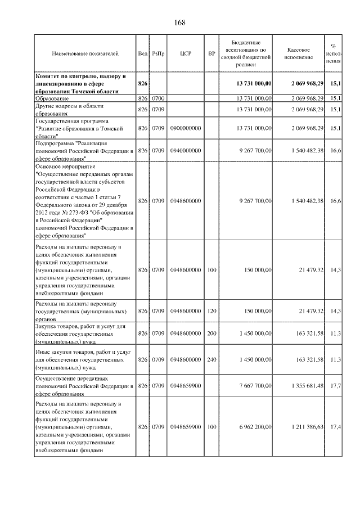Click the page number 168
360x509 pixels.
[180, 23]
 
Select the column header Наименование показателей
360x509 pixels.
[85, 54]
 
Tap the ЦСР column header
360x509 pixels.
[186, 54]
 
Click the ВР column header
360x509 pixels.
[211, 54]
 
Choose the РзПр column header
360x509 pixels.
[157, 54]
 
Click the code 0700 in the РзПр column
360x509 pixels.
[157, 98]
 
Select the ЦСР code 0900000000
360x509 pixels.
[186, 129]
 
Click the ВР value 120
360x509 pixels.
[211, 311]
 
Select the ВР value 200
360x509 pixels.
[211, 334]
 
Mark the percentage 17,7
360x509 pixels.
[336, 386]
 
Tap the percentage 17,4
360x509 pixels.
[336, 427]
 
